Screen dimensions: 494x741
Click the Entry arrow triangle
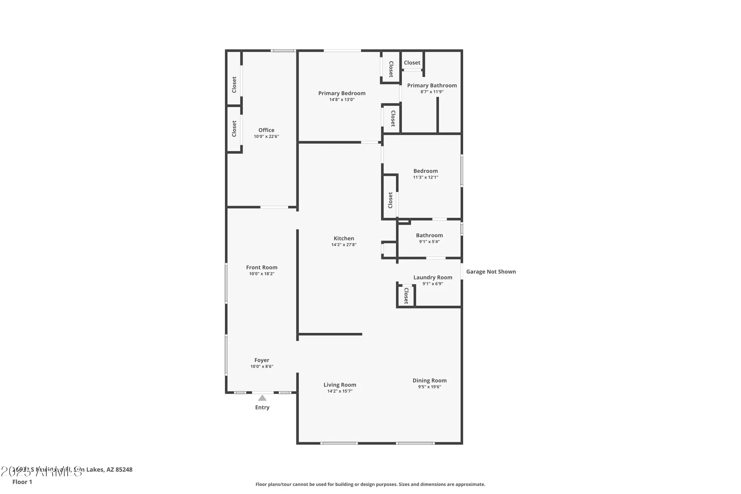(262, 398)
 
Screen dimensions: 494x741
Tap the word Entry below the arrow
(262, 407)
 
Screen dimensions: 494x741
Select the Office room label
(266, 130)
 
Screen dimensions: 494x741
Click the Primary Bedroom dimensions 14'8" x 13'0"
(342, 100)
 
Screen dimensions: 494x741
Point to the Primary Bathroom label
(432, 86)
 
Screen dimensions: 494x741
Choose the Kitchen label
(344, 238)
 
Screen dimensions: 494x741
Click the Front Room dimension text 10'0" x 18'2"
(262, 274)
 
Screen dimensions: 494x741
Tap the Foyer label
(262, 360)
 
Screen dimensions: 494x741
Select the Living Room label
(340, 385)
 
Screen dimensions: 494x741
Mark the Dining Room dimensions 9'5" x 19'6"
(429, 387)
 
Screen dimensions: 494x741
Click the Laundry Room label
(433, 277)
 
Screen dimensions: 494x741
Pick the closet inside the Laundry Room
(406, 296)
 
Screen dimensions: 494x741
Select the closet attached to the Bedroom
(390, 200)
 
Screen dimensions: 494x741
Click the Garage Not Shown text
(491, 272)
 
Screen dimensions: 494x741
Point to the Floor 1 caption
(22, 482)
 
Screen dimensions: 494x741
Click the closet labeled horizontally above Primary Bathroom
(412, 63)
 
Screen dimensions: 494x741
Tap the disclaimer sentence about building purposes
(370, 484)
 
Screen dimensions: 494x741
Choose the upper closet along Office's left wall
(234, 84)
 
